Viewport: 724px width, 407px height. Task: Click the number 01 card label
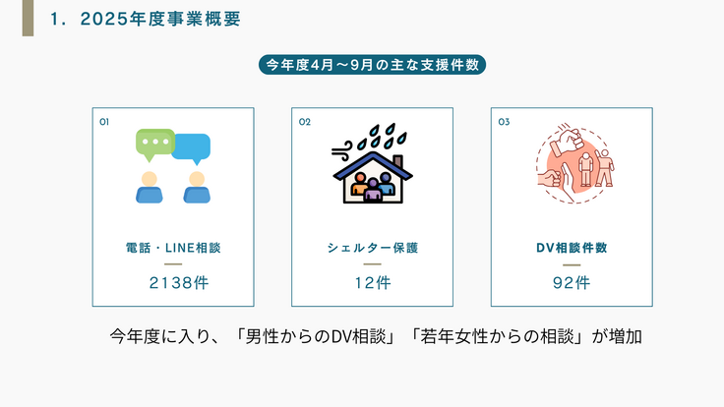104,122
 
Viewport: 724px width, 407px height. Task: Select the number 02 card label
304,122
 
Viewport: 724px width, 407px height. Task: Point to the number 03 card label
504,122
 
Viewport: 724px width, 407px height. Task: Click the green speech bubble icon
154,145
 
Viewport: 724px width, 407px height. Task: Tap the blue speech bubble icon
192,147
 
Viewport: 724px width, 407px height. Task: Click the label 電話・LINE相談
173,248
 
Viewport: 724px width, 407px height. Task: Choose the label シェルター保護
372,248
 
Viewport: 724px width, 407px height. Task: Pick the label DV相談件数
572,248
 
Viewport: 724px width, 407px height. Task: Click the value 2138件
173,283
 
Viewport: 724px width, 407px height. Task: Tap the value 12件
372,283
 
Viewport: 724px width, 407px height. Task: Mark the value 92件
572,283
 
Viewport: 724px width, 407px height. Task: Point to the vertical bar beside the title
28,18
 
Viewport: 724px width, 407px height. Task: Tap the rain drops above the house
380,137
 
